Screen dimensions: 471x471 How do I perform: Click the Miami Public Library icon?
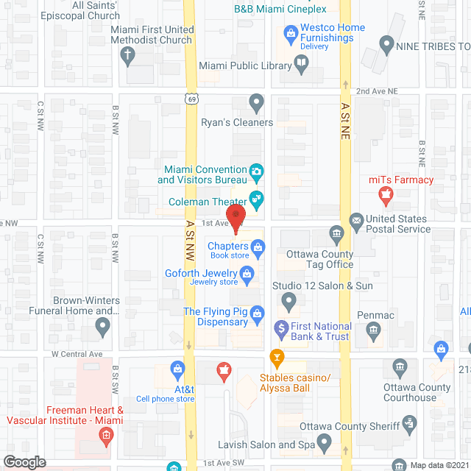[x=301, y=63]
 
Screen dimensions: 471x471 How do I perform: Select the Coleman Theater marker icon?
[x=256, y=196]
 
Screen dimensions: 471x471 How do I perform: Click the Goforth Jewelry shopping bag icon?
[x=248, y=276]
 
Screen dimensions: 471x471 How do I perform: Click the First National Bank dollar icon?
[x=280, y=327]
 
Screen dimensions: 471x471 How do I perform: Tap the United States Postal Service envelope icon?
[x=356, y=220]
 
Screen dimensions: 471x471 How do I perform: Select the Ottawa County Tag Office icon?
[x=338, y=235]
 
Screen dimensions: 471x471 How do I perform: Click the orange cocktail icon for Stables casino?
[x=277, y=359]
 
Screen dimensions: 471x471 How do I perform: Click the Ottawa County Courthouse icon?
[x=400, y=366]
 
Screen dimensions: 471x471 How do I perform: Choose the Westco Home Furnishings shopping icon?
[x=290, y=33]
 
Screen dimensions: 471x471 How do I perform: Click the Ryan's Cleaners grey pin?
[x=256, y=102]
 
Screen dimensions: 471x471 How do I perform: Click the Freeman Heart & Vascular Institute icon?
[x=107, y=436]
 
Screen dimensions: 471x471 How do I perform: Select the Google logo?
[x=24, y=461]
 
